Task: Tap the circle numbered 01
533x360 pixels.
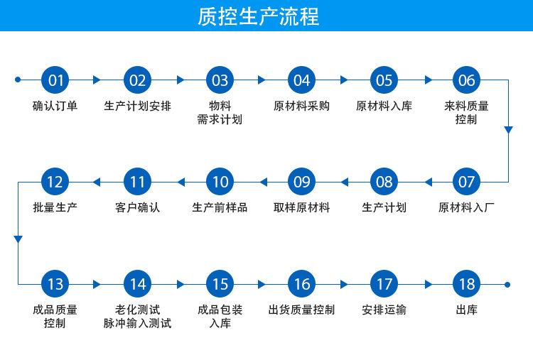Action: coord(55,80)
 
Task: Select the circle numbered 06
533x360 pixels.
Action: coord(466,80)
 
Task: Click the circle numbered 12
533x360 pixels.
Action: coord(55,182)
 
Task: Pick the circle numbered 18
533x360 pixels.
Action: coord(466,285)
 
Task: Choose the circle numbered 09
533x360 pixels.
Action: coord(302,182)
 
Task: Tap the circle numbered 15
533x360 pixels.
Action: coord(220,285)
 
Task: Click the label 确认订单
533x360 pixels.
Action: coord(55,107)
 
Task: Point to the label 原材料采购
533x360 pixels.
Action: coord(302,107)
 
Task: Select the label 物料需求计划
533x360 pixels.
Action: coord(220,113)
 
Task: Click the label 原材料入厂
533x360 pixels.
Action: coord(466,208)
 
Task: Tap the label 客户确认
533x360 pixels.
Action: coord(137,208)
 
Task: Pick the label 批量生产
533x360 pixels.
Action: coord(55,208)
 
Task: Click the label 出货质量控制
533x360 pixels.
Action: coord(302,310)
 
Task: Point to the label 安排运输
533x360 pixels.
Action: coord(384,310)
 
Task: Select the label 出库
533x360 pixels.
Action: coord(466,310)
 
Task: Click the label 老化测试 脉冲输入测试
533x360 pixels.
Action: coord(137,317)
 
